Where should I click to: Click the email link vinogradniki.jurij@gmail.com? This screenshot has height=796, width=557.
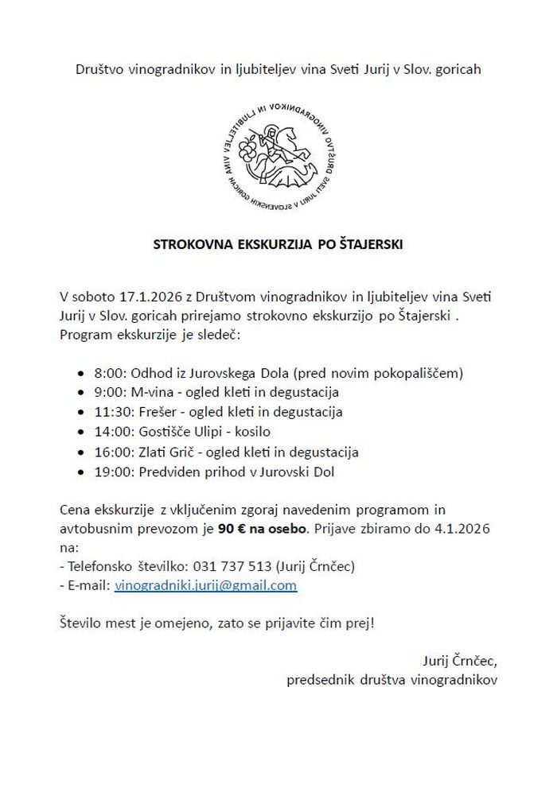coord(205,585)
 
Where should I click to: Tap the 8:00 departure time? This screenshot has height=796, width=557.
coord(110,372)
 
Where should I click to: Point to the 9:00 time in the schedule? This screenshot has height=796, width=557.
coord(110,392)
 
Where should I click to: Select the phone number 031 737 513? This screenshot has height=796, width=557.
coord(232,566)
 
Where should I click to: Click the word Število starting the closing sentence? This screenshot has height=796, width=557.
coord(84,623)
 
